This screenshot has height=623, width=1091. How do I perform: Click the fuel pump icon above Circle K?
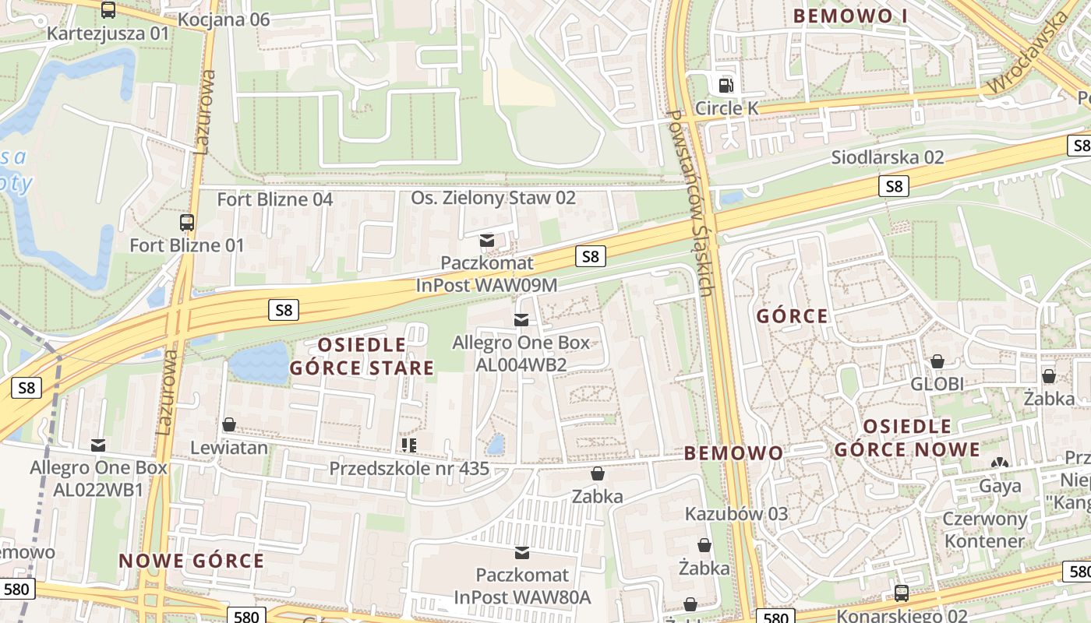coord(726,84)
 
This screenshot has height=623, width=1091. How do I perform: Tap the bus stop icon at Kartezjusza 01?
coord(108,10)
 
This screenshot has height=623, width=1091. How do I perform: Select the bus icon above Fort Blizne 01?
coord(186,223)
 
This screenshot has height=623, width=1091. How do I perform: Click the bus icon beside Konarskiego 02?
coord(902,593)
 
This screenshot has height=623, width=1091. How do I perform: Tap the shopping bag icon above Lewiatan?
coord(229,424)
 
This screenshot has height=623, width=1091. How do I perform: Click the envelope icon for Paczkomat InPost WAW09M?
coord(487,241)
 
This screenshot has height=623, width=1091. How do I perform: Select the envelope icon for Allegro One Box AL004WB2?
coord(521,320)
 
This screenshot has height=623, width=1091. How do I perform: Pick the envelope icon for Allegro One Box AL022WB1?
coord(98,445)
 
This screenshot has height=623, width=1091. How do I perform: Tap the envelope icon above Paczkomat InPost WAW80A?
coord(522,553)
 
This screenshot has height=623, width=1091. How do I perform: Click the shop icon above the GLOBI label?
coord(937,361)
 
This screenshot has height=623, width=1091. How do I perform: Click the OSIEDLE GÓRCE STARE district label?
coord(362,357)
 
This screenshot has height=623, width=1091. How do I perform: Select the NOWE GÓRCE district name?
coord(192,561)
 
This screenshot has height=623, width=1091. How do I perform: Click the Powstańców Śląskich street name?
coord(690,202)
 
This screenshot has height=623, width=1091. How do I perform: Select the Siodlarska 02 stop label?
coord(887,157)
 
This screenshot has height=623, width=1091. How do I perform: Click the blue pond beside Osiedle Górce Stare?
coord(259,364)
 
